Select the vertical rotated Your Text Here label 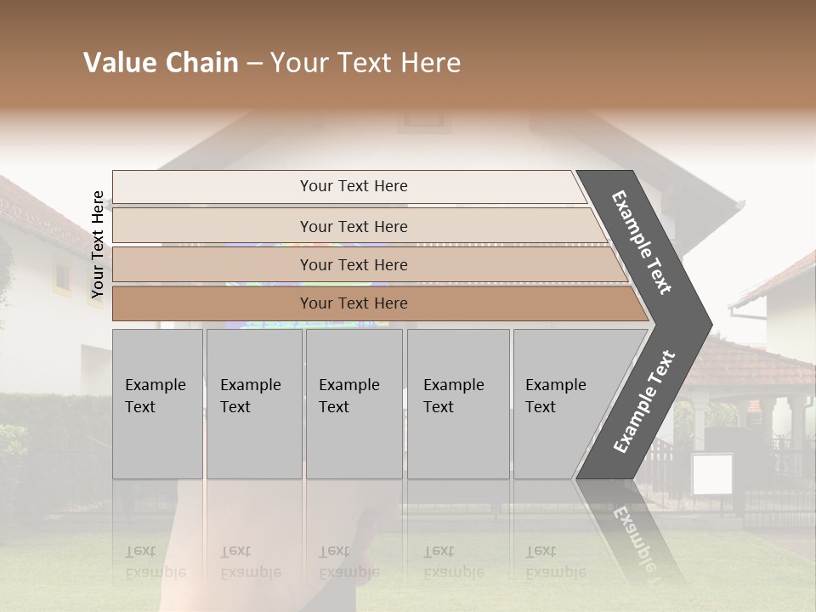click(x=98, y=245)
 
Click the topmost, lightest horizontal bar click(x=353, y=186)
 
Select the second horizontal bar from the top click(x=353, y=226)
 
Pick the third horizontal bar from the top click(x=353, y=264)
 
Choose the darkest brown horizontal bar click(x=353, y=303)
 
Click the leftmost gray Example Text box click(x=157, y=404)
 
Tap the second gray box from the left click(x=253, y=404)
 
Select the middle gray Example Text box click(x=354, y=404)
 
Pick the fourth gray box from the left click(x=457, y=404)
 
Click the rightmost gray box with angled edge click(x=561, y=404)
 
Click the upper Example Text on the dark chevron click(x=642, y=242)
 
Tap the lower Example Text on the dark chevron click(x=643, y=402)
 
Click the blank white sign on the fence click(x=711, y=473)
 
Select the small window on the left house click(x=63, y=275)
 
